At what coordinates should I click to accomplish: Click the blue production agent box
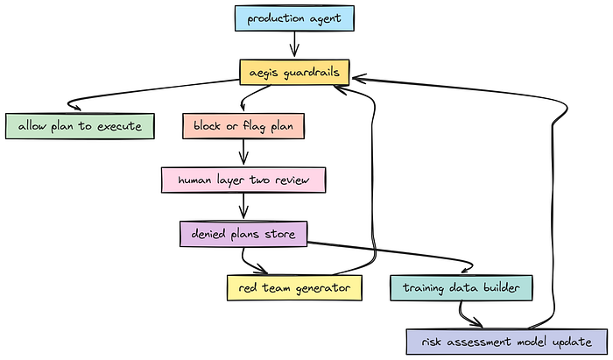[294, 18]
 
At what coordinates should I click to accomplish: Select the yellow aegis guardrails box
[295, 73]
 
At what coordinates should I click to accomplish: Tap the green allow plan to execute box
[78, 126]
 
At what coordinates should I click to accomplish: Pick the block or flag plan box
[243, 126]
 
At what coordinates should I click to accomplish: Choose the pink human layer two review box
[243, 180]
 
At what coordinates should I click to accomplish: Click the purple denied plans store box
[243, 234]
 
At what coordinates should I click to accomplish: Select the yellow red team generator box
[293, 287]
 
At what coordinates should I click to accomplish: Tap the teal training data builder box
[462, 287]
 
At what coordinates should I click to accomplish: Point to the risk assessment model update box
[505, 341]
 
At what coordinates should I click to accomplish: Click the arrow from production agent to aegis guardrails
[294, 45]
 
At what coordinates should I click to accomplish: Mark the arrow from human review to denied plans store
[243, 207]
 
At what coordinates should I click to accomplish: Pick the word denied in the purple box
[210, 234]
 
